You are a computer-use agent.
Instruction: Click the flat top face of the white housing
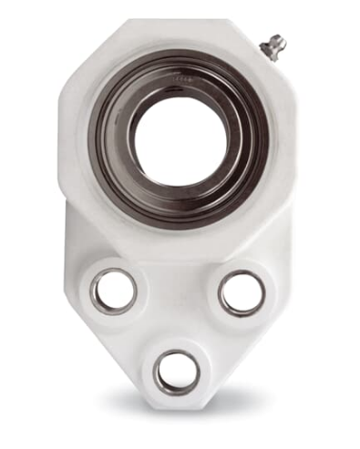(x=173, y=36)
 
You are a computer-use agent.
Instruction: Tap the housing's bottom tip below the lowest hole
(x=177, y=401)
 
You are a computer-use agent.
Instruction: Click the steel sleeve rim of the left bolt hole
(x=95, y=291)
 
